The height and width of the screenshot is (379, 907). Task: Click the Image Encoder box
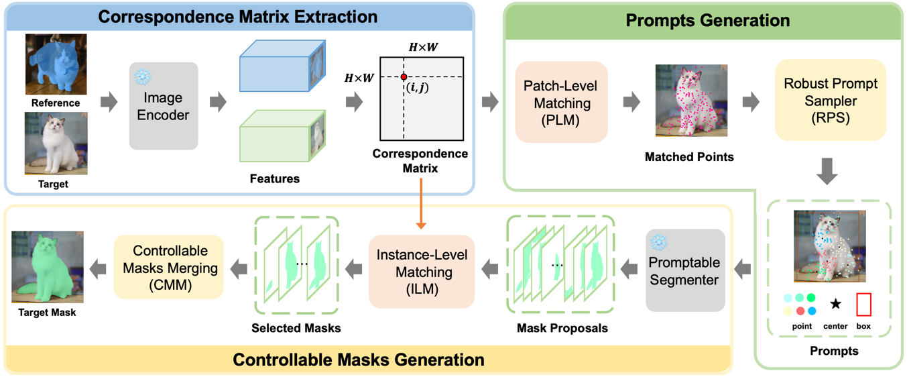coord(163,106)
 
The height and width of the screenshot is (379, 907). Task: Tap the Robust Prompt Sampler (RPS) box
coord(830,100)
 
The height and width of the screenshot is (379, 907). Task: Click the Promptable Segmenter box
coord(684,270)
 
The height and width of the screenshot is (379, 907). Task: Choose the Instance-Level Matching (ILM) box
coord(421,272)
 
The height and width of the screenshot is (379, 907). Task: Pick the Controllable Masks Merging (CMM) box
coord(169,268)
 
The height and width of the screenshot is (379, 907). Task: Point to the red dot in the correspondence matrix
coord(404,77)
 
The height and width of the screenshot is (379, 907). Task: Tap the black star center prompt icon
coord(835,304)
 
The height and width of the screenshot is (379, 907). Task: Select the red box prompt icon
coord(863,305)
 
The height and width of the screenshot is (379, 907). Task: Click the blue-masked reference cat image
coord(56,64)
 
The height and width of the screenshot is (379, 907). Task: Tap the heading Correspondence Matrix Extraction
coord(237,16)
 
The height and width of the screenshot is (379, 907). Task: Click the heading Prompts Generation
coord(707,20)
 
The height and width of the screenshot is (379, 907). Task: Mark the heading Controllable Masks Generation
coord(358,360)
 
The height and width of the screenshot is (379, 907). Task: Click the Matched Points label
coord(689,157)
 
